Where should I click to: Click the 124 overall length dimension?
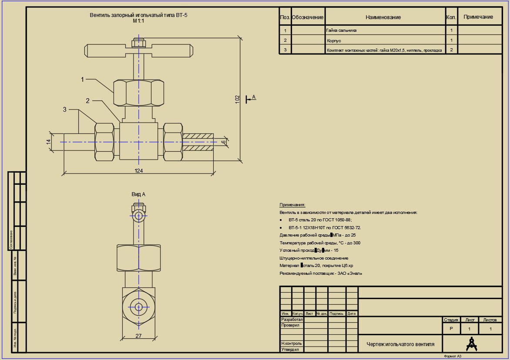pyautogui.click(x=139, y=170)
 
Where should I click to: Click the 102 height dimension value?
pyautogui.click(x=237, y=99)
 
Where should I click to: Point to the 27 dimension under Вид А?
pyautogui.click(x=139, y=336)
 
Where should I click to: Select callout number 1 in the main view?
pyautogui.click(x=82, y=79)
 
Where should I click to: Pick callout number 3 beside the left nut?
pyautogui.click(x=65, y=110)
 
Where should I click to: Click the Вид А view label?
pyautogui.click(x=138, y=194)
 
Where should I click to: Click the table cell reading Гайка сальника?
pyautogui.click(x=342, y=30)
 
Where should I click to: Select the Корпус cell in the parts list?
pyautogui.click(x=334, y=40)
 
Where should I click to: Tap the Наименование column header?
pyautogui.click(x=383, y=17)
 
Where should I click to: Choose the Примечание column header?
pyautogui.click(x=478, y=17)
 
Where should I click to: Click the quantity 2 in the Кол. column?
pyautogui.click(x=451, y=50)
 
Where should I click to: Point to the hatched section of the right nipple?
pyautogui.click(x=198, y=142)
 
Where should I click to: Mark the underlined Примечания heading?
pyautogui.click(x=292, y=205)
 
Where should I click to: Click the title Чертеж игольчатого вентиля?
pyautogui.click(x=400, y=344)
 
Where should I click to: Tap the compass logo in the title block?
pyautogui.click(x=471, y=343)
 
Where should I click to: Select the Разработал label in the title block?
pyautogui.click(x=292, y=320)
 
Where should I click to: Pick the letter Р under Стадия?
pyautogui.click(x=451, y=329)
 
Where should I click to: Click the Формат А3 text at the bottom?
pyautogui.click(x=453, y=357)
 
